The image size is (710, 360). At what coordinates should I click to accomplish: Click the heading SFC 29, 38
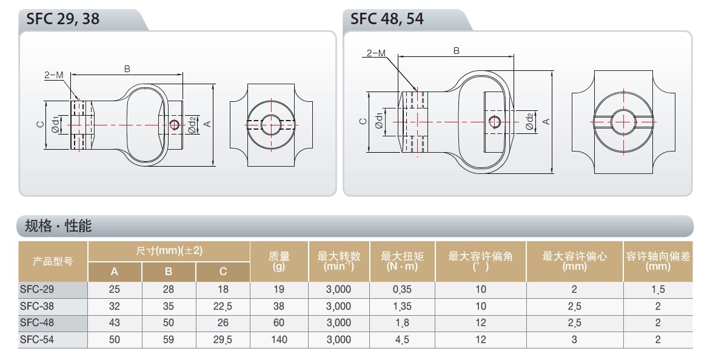point(62,19)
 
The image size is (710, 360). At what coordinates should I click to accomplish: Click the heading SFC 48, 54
point(387,19)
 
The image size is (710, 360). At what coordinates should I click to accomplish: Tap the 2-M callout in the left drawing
point(54,75)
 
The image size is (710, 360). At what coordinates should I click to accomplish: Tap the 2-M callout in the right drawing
point(376,53)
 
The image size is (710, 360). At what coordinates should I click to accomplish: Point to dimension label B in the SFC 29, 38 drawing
point(127,69)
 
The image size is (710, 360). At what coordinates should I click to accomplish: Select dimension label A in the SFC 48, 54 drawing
point(546,122)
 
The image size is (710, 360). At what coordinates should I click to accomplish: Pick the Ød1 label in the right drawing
point(379,121)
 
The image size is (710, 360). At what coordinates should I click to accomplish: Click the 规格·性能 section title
point(58,225)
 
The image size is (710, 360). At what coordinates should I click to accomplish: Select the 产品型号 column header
point(53,261)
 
